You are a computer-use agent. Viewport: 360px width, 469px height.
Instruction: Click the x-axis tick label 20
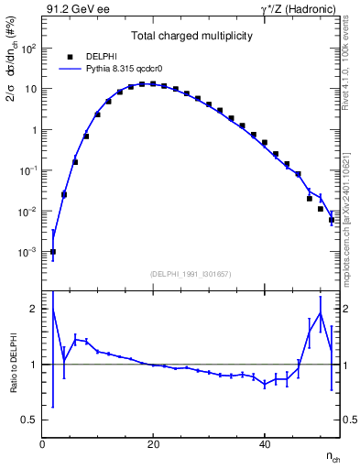(x=154, y=444)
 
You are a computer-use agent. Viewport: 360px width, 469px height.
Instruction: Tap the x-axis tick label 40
(x=265, y=444)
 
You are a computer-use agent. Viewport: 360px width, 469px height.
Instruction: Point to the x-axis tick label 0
(x=43, y=444)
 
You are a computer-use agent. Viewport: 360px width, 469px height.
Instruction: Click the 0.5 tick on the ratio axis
(x=30, y=420)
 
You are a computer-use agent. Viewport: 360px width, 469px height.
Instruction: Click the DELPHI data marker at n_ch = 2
(x=53, y=252)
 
